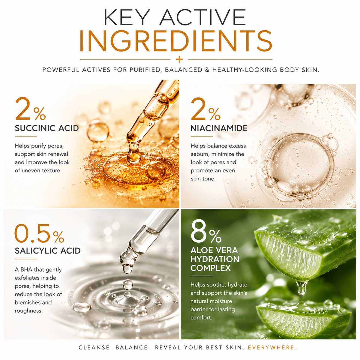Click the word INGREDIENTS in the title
[x=175, y=41]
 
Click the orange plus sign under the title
[x=179, y=59]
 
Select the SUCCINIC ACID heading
[x=47, y=128]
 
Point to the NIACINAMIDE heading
[x=219, y=128]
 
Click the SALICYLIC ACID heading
[x=48, y=251]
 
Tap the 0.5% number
[x=39, y=233]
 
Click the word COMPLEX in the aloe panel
[x=211, y=268]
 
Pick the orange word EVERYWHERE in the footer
[x=272, y=347]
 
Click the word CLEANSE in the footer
[x=94, y=347]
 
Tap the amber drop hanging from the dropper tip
[x=134, y=157]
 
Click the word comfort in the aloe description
[x=201, y=318]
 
